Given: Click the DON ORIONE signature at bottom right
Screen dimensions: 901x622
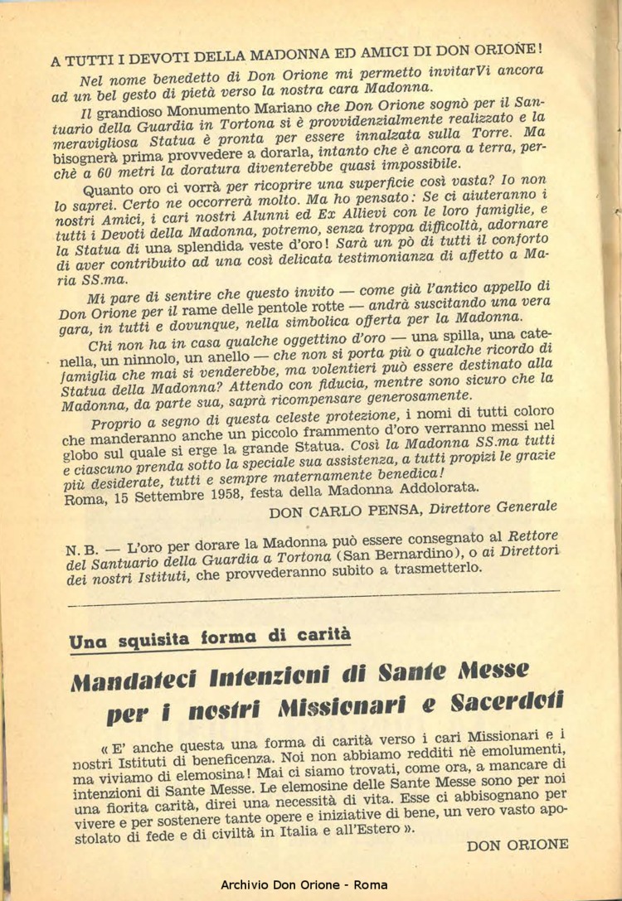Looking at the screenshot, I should click(517, 845).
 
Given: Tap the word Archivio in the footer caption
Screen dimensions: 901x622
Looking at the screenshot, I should click(247, 885).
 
